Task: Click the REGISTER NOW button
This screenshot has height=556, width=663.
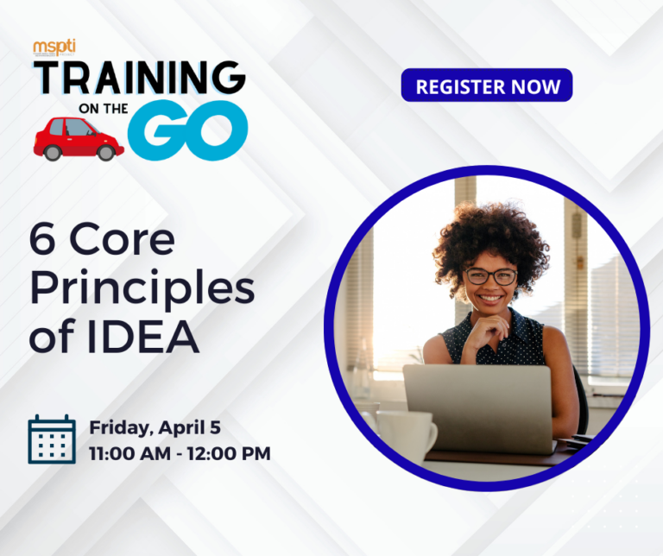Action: (486, 85)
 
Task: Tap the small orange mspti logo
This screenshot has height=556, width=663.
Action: (54, 47)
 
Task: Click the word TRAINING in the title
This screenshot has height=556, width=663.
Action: (138, 79)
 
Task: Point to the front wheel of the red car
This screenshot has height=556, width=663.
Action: (105, 152)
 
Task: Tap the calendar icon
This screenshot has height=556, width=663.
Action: (52, 439)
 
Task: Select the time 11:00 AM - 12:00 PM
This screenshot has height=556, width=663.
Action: (180, 452)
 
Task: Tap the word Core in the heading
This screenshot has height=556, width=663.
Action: (123, 243)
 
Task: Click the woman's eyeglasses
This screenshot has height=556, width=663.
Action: (490, 276)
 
